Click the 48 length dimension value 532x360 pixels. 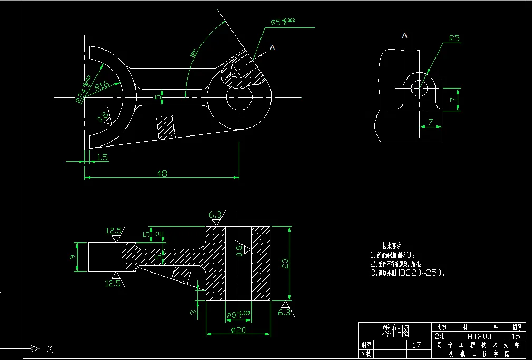pos(162,173)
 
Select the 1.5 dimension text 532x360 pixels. pos(102,157)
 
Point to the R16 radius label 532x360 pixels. pos(102,84)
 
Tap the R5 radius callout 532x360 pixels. pos(454,38)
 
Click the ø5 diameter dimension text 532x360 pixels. pos(283,22)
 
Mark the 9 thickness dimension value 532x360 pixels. pos(73,257)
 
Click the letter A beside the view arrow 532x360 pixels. pos(272,47)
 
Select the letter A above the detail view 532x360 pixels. pos(404,35)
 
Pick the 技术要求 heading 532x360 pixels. pos(392,246)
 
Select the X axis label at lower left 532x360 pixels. pos(49,348)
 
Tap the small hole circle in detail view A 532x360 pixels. pos(420,88)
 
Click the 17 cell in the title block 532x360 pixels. pos(417,345)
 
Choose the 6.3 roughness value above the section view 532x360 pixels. pos(215,215)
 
